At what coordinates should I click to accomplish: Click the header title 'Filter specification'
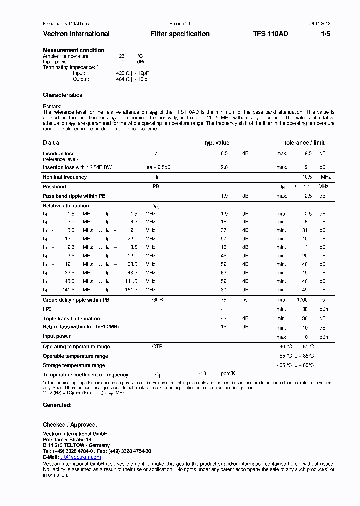pos(180,34)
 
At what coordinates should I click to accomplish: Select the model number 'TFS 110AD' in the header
pos(270,34)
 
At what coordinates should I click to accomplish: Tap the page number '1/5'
pos(325,34)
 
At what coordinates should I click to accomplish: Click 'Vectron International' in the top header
pos(76,34)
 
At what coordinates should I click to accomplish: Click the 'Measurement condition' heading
pos(73,50)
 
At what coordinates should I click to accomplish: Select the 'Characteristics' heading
pos(62,95)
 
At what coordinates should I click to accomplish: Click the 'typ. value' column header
pos(217,143)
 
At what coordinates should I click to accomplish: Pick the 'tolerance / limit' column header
pos(304,143)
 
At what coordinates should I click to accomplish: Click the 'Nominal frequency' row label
pos(65,177)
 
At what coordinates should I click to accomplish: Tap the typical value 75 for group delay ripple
pos(224,300)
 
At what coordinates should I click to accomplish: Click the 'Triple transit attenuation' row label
pos(71,319)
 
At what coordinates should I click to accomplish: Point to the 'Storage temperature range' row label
pos(74,366)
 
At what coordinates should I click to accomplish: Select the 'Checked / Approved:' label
pos(70,425)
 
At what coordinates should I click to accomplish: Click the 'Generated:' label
pos(57,405)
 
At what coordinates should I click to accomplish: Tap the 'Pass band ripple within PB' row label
pos(74,196)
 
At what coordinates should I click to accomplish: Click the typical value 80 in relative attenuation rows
pos(224,290)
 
